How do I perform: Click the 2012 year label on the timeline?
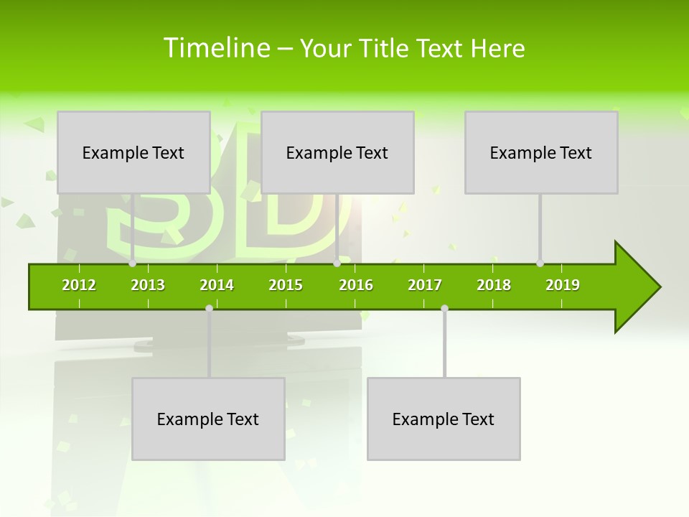pos(79,285)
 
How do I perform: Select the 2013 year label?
pos(148,285)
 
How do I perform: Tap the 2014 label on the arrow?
pos(217,285)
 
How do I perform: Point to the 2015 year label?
pos(286,285)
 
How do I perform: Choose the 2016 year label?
pos(356,285)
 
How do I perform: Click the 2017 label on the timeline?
pos(425,285)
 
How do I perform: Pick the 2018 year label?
pos(494,285)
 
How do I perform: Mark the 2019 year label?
pos(563,285)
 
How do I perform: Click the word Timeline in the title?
pos(216,48)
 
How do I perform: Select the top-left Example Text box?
pos(133,152)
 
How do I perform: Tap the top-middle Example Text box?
pos(337,152)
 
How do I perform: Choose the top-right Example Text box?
pos(541,152)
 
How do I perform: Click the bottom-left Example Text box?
pos(208,419)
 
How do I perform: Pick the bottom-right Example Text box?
pos(444,419)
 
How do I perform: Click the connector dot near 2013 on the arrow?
pos(133,264)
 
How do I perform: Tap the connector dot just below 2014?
pos(209,308)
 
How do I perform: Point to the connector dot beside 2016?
pos(337,264)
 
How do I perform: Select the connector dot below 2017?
pos(444,308)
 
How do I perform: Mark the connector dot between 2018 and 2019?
pos(540,264)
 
